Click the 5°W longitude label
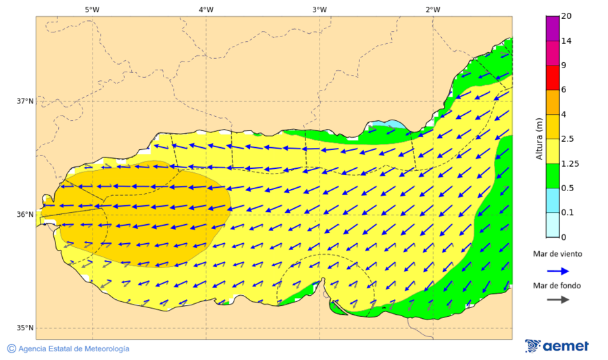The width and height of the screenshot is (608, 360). tap(92, 9)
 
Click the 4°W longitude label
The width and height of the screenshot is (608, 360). tap(206, 9)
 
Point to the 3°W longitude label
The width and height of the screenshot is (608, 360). tap(320, 9)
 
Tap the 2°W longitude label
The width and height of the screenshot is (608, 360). tap(433, 9)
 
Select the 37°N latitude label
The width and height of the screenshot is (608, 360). tap(25, 101)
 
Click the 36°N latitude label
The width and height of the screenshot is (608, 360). tap(25, 215)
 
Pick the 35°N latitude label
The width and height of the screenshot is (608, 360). tap(25, 328)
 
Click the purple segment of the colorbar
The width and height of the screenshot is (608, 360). tap(553, 28)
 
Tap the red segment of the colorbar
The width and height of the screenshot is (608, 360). tap(553, 78)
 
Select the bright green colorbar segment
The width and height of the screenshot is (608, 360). tap(553, 176)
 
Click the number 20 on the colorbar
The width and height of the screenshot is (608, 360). tap(566, 16)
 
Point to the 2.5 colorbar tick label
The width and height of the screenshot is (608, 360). tap(568, 139)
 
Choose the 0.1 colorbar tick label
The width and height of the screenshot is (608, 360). tap(568, 213)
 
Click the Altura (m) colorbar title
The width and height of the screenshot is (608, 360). tap(539, 138)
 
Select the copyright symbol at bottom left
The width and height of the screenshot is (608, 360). tap(11, 349)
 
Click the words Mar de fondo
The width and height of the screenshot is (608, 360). tap(557, 286)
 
